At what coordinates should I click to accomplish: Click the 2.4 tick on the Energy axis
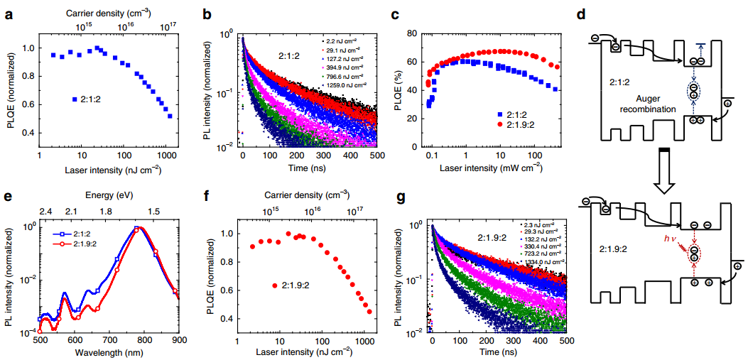45,212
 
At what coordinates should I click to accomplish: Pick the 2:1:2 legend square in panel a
75,99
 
